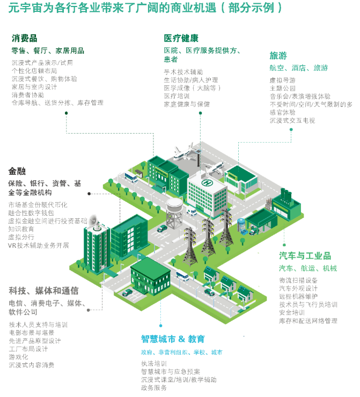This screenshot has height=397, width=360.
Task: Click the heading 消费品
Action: (x=24, y=38)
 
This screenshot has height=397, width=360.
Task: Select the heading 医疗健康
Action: (x=181, y=38)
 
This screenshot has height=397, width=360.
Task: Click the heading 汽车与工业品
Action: (x=305, y=256)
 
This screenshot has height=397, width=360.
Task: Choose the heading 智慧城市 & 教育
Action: (x=173, y=339)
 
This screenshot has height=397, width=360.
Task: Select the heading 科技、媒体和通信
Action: (x=43, y=291)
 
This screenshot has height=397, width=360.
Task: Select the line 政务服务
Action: (x=154, y=388)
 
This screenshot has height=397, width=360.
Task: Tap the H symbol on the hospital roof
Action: (x=205, y=182)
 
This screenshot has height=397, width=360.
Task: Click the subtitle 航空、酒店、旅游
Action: (x=298, y=68)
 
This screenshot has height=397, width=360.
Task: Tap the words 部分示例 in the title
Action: (x=251, y=9)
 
